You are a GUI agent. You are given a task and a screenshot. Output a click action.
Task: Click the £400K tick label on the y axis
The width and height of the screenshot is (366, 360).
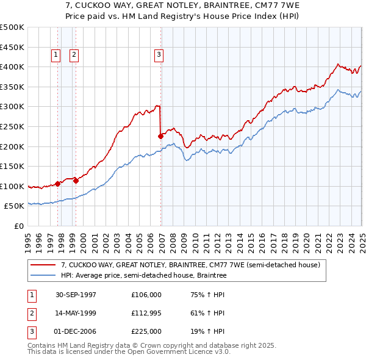tap(12, 67)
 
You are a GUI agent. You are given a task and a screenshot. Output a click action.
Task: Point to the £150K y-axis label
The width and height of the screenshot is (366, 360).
tap(12, 166)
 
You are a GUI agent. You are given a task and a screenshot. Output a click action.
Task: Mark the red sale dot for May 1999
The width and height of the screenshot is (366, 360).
tap(76, 181)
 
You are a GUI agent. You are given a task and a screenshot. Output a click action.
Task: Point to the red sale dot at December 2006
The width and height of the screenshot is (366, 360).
tap(160, 136)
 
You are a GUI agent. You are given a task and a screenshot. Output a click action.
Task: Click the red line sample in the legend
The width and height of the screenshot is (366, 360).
tap(44, 265)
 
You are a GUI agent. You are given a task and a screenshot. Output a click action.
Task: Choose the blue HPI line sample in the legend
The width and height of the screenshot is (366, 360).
tap(44, 276)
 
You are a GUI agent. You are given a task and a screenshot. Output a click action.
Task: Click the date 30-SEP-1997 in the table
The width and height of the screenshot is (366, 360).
tap(76, 295)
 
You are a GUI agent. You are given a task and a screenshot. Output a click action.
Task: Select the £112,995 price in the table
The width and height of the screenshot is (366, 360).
tap(146, 313)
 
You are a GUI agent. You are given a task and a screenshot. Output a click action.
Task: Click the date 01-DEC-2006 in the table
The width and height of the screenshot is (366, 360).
tap(76, 331)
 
